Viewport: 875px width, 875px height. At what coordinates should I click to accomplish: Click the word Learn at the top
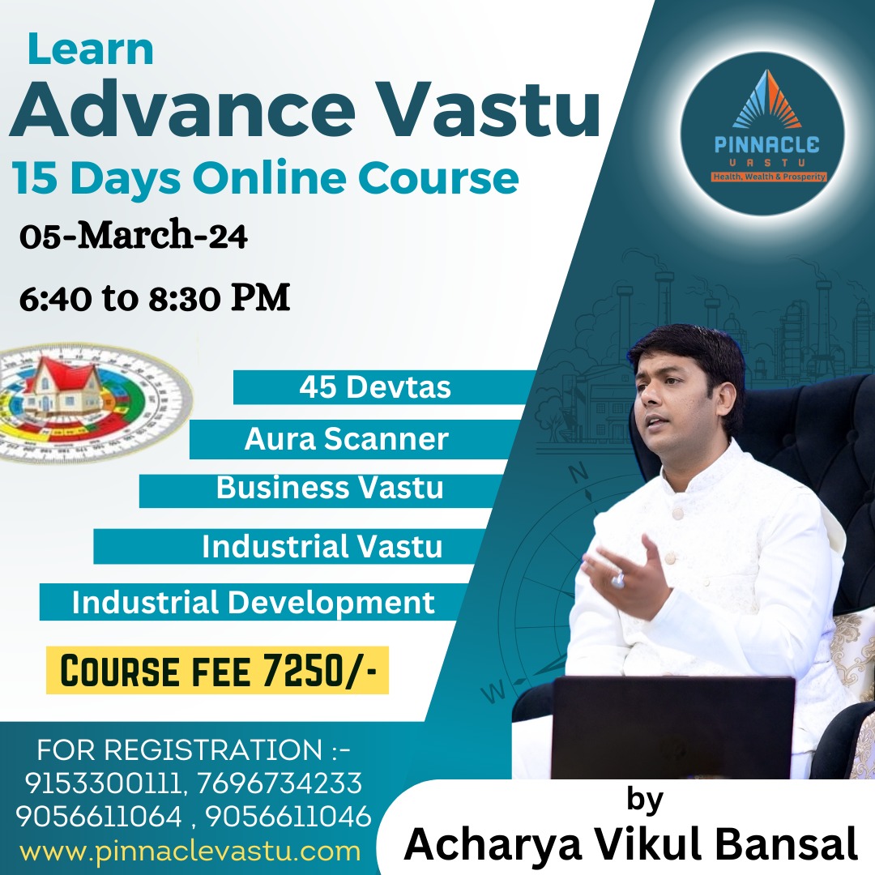click(90, 50)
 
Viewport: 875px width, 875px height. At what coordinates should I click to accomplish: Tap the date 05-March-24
click(134, 238)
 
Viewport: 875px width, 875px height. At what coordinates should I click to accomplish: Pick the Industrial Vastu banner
click(322, 547)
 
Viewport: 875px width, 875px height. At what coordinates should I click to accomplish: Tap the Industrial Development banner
click(253, 603)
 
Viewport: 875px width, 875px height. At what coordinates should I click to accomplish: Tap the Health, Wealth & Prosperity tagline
click(768, 176)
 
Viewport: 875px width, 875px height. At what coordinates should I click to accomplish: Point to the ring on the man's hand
click(618, 580)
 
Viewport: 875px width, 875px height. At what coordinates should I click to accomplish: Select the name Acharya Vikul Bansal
click(630, 843)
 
